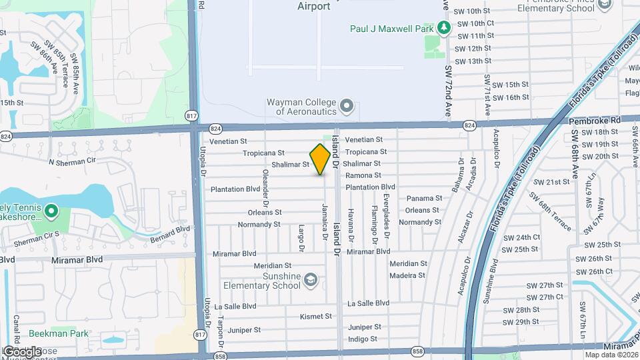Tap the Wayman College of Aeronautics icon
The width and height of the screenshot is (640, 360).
(347, 106)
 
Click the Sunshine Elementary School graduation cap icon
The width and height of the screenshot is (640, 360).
(310, 280)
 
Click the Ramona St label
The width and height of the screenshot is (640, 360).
(363, 175)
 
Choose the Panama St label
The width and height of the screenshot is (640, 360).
(424, 198)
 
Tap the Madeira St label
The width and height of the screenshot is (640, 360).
(408, 275)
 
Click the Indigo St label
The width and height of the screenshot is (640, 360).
(363, 339)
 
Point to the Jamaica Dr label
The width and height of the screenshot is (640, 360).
(325, 221)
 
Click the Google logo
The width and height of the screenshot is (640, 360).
(22, 351)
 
